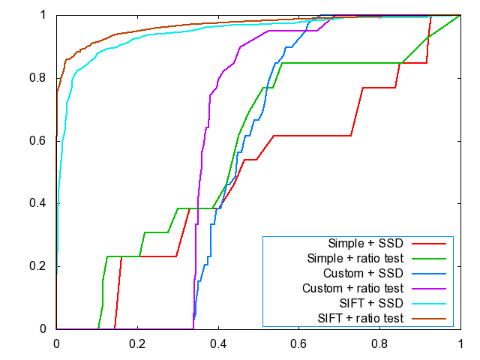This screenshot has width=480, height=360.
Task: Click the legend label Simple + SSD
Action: tap(365, 244)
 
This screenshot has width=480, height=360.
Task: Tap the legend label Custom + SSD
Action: tap(363, 273)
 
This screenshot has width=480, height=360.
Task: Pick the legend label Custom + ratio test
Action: tap(352, 288)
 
